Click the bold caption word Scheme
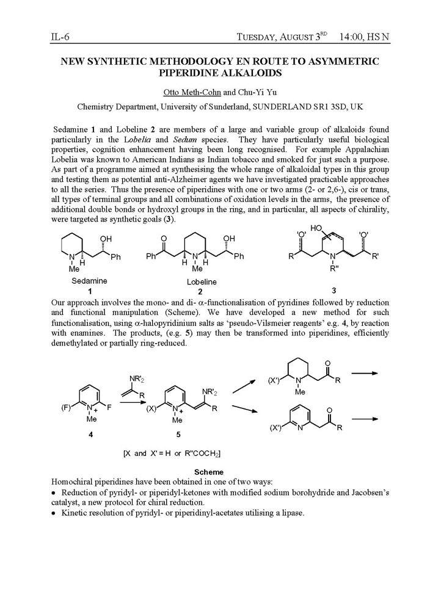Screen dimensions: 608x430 [208, 472]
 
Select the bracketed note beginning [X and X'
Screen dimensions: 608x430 [172, 453]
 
